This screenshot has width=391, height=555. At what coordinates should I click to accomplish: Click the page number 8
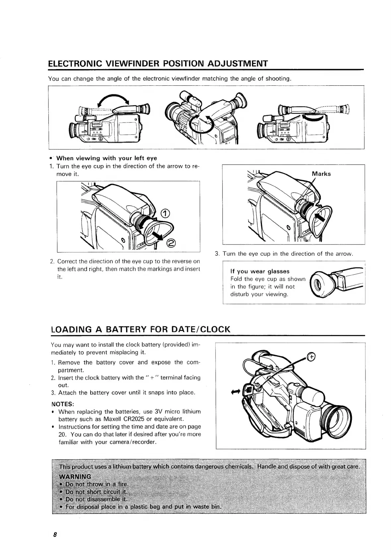[x=55, y=535]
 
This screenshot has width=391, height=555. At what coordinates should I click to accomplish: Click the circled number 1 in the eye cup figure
[x=165, y=214]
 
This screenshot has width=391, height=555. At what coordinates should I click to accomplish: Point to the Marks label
[x=321, y=174]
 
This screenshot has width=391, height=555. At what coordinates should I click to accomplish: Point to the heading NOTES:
[x=63, y=404]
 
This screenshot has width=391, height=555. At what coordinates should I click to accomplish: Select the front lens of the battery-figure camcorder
[x=336, y=417]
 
